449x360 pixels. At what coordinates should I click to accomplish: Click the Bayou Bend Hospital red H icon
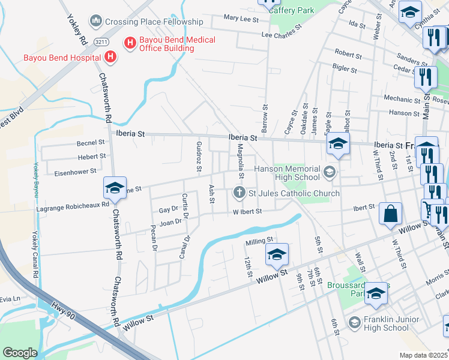(110, 58)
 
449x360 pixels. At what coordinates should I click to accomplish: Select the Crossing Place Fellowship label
(154, 22)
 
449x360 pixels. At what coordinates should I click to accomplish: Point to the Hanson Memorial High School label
(287, 173)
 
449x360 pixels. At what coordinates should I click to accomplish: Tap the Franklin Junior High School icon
(354, 323)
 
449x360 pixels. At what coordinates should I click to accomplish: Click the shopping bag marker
(390, 214)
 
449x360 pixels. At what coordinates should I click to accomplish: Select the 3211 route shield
(101, 40)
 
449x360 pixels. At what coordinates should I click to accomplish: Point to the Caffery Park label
(291, 10)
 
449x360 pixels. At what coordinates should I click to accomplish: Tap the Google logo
(20, 353)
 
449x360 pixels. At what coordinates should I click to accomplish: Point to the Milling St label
(260, 242)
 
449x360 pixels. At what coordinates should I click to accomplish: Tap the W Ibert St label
(248, 211)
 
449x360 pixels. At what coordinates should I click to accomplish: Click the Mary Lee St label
(240, 19)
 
